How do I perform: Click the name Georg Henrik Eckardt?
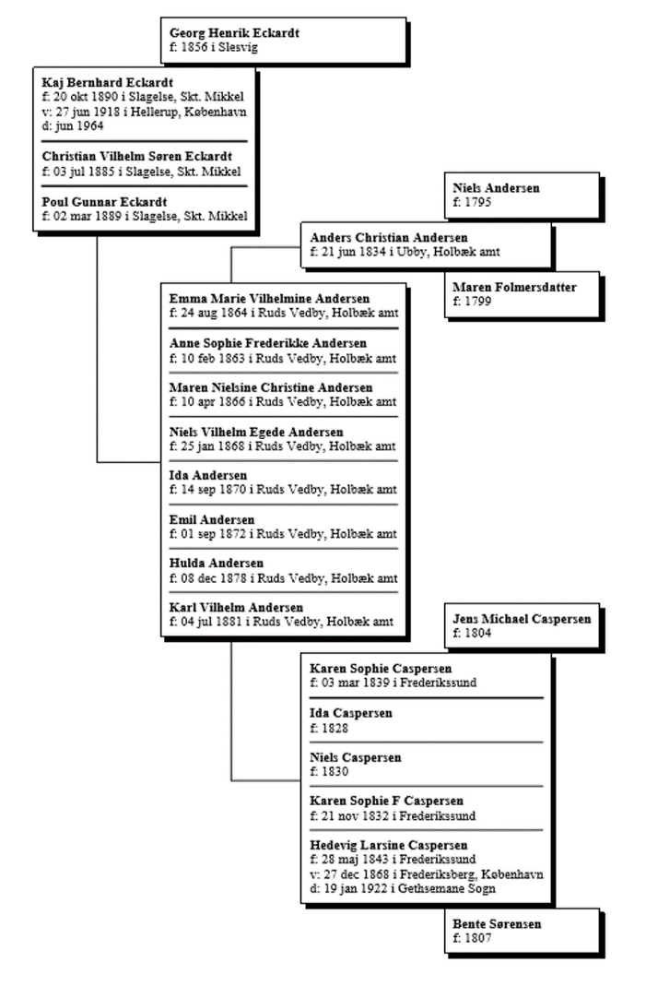(x=234, y=32)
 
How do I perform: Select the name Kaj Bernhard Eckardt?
(x=108, y=82)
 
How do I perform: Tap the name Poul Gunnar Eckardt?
(x=104, y=202)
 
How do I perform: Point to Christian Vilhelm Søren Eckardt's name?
(x=137, y=156)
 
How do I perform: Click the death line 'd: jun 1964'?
(x=73, y=125)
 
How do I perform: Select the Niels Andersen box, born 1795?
(x=522, y=195)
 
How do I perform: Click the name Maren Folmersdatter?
(x=514, y=288)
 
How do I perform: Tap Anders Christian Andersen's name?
(x=388, y=238)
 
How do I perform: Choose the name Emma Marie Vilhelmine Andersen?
(x=269, y=299)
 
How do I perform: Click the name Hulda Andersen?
(x=217, y=563)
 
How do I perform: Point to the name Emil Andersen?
(x=212, y=519)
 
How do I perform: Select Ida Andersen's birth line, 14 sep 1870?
(x=283, y=489)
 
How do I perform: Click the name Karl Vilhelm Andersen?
(x=236, y=608)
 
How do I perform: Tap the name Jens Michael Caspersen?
(x=522, y=619)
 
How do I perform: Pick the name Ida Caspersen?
(x=351, y=713)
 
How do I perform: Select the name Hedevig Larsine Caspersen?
(x=388, y=845)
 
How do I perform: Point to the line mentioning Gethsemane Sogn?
(x=402, y=888)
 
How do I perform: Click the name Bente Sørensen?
(x=497, y=924)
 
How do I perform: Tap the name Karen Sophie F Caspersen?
(x=386, y=801)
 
